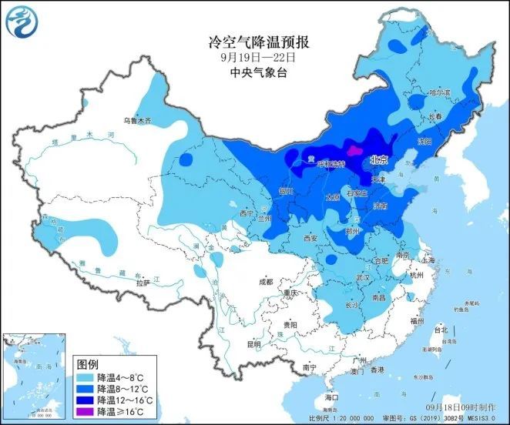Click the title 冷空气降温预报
pyautogui.click(x=254, y=41)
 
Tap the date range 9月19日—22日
pyautogui.click(x=254, y=57)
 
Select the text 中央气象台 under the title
pyautogui.click(x=254, y=72)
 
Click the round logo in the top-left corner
pyautogui.click(x=21, y=21)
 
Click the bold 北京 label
pyautogui.click(x=378, y=161)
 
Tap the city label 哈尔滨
pyautogui.click(x=438, y=92)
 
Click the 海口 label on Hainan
pyautogui.click(x=331, y=397)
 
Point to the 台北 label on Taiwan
pyautogui.click(x=441, y=330)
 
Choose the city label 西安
pyautogui.click(x=310, y=239)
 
